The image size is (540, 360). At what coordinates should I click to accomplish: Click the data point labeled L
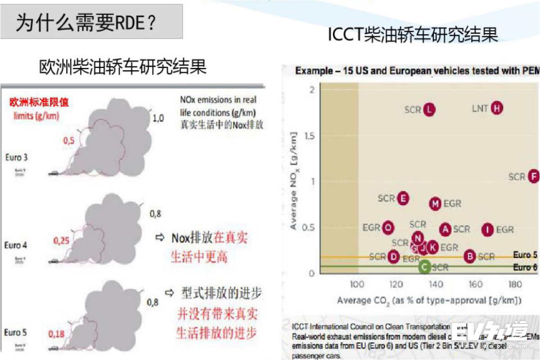(x=430, y=109)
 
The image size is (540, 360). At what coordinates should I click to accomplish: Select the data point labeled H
(x=497, y=108)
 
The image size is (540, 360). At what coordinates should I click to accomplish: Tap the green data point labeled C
(x=424, y=267)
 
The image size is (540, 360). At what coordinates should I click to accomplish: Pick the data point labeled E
(x=404, y=198)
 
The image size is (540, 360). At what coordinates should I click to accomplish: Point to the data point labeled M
(x=435, y=204)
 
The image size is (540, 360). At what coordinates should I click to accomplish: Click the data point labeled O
(x=388, y=228)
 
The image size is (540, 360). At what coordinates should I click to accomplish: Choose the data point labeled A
(x=445, y=229)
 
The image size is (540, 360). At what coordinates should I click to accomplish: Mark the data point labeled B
(x=470, y=256)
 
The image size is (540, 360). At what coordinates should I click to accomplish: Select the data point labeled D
(x=394, y=256)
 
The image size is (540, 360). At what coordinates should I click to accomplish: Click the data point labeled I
(x=488, y=229)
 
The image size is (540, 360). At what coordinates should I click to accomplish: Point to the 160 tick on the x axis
(x=476, y=284)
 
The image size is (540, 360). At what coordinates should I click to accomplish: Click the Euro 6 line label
(x=525, y=267)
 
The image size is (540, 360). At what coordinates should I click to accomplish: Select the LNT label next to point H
(x=480, y=108)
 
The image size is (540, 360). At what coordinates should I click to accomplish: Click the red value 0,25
(x=62, y=241)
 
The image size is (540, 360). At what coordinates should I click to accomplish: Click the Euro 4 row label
(x=16, y=245)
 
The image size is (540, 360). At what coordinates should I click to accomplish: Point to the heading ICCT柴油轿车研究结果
(x=413, y=34)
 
